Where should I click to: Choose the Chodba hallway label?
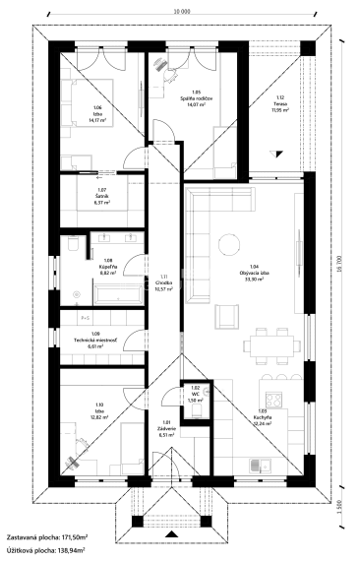tap(163, 283)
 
